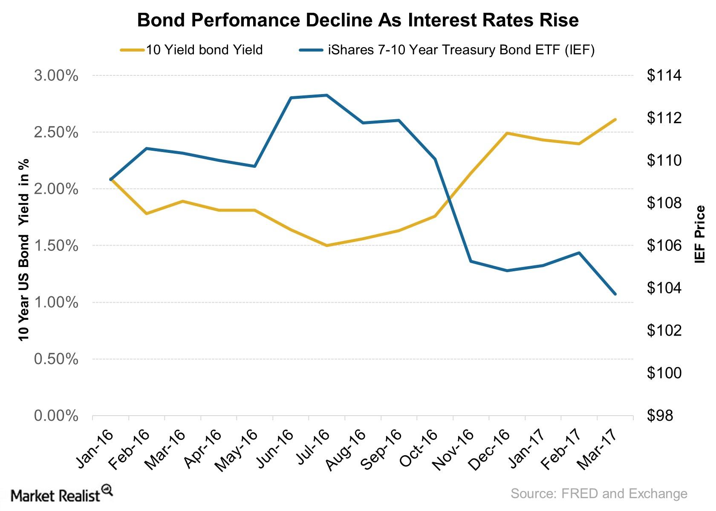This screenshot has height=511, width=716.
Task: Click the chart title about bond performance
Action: [x=358, y=20]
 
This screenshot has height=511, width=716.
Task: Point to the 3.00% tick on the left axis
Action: [x=56, y=76]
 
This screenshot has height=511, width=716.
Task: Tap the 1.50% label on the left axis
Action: [x=56, y=246]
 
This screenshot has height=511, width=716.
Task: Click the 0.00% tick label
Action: [x=56, y=416]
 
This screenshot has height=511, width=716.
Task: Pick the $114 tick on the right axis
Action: [x=664, y=76]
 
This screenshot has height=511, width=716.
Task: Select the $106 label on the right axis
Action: [x=664, y=246]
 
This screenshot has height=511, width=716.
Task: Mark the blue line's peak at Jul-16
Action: [x=326, y=95]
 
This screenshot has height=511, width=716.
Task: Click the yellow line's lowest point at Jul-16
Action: [x=326, y=246]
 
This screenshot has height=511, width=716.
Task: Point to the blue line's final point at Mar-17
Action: [x=615, y=294]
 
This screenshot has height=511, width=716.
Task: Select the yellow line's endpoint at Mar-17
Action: [x=615, y=120]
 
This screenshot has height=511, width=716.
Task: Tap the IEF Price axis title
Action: [x=699, y=234]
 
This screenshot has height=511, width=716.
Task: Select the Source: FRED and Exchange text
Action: [x=599, y=494]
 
